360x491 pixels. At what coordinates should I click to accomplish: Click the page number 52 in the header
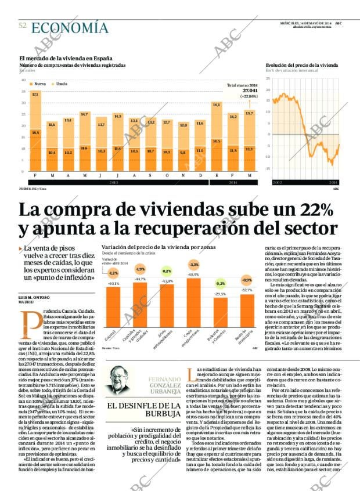(23, 26)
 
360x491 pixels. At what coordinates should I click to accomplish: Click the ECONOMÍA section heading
(70, 28)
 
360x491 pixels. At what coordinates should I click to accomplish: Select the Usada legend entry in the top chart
(60, 84)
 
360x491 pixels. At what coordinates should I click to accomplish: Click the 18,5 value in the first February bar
(36, 132)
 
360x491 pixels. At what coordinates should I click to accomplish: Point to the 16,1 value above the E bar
(216, 105)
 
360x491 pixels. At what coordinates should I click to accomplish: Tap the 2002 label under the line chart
(278, 182)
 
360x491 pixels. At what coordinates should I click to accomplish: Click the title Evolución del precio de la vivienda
(301, 65)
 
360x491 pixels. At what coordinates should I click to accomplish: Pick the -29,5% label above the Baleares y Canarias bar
(221, 294)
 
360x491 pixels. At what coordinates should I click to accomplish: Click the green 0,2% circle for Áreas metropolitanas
(167, 271)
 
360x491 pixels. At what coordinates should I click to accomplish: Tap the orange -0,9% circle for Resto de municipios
(247, 280)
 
